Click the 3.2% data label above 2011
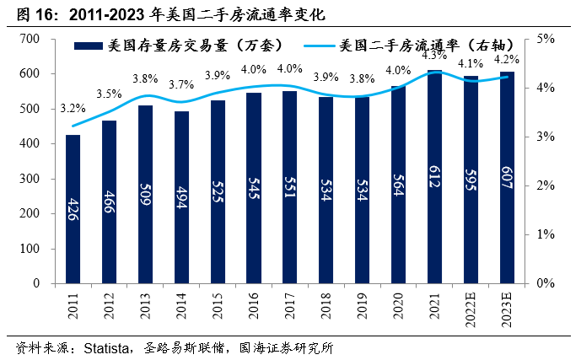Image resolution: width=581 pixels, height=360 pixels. [73, 109]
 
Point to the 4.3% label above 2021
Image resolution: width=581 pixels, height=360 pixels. [435, 56]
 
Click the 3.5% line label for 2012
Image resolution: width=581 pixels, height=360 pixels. [109, 94]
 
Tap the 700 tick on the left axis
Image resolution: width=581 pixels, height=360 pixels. [30, 39]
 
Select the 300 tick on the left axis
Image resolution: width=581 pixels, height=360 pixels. [30, 179]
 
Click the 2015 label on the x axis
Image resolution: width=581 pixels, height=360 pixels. [218, 305]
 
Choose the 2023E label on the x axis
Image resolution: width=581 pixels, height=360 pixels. [508, 309]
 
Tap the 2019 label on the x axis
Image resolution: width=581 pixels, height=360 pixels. [363, 305]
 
